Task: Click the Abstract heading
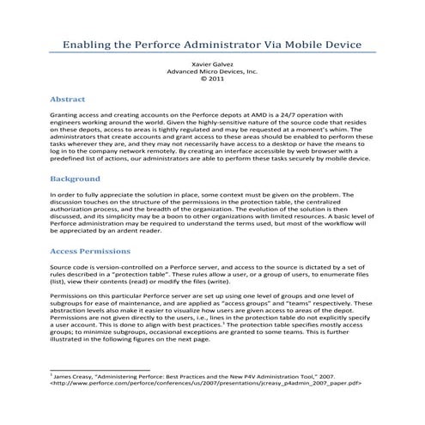click(x=67, y=99)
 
